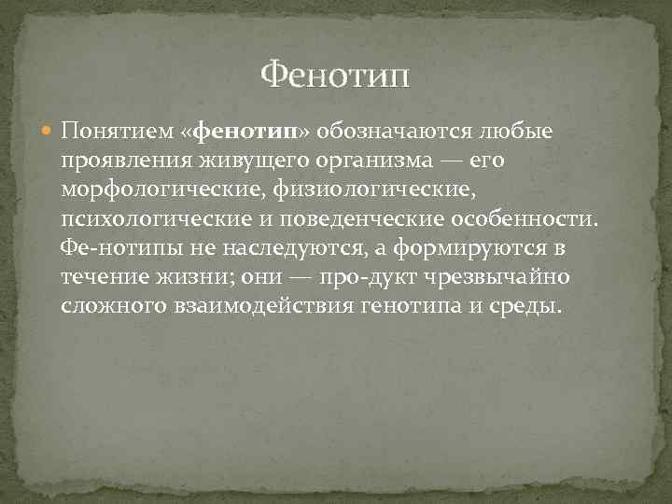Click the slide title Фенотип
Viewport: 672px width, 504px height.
pos(335,72)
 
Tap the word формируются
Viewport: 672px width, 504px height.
pos(463,249)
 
